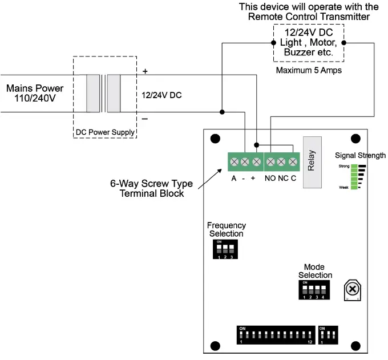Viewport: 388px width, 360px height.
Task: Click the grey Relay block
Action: (312, 163)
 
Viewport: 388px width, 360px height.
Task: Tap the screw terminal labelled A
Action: (233, 163)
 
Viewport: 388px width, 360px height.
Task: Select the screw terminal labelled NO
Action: (269, 163)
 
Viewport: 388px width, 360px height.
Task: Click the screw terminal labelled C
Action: (293, 163)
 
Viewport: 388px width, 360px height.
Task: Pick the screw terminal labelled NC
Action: (281, 163)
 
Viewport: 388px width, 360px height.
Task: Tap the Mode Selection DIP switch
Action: (314, 290)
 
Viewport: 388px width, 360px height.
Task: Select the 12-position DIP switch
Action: (276, 334)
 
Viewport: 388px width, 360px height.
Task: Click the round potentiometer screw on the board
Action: (351, 290)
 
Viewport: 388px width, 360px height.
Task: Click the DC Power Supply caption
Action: (105, 132)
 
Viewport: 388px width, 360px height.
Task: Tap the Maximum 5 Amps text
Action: (309, 71)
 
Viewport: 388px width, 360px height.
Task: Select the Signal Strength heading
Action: (360, 155)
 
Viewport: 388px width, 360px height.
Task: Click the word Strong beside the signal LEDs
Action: (343, 166)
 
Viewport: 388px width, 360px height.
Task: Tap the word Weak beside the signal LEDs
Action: (343, 187)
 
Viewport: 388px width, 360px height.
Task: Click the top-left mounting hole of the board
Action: (216, 139)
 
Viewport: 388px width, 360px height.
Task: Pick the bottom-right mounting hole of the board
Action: (355, 345)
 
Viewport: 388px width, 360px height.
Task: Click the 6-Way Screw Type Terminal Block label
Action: (151, 189)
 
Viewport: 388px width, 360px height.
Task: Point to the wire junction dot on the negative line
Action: (222, 112)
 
